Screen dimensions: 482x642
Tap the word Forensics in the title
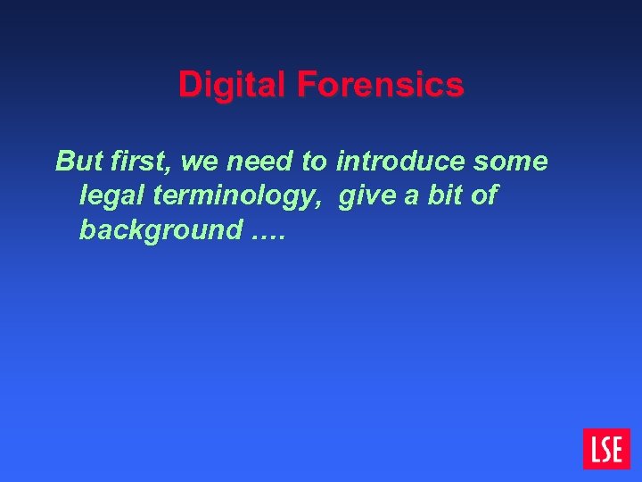(x=381, y=86)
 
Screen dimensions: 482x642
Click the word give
(x=366, y=195)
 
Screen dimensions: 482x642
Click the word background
(x=160, y=230)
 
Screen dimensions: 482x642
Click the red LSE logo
(x=606, y=449)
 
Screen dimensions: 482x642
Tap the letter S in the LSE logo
(x=606, y=449)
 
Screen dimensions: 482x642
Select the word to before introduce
(x=315, y=162)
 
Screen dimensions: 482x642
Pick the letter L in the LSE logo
(x=594, y=449)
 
